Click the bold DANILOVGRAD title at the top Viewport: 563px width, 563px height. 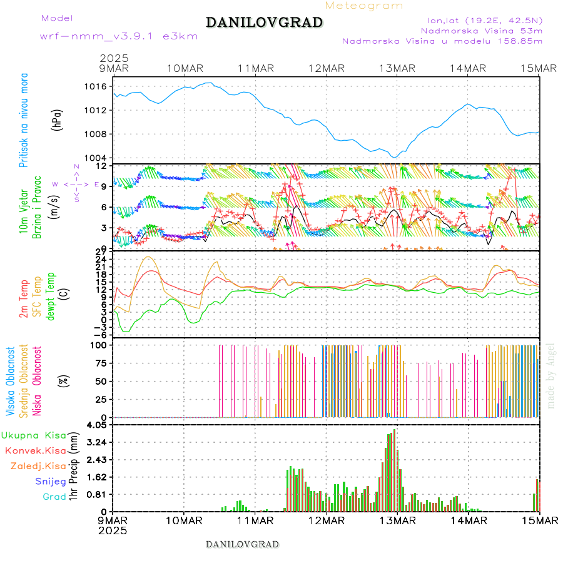265,23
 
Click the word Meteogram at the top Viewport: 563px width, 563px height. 364,6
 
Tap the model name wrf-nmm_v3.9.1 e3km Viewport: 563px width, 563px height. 119,36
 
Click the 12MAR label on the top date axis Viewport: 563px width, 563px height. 327,68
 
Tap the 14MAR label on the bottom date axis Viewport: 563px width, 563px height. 469,520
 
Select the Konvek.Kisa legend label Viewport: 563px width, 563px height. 34,450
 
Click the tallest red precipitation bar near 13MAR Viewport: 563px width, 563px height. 394,469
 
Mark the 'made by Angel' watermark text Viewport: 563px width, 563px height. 551,375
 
